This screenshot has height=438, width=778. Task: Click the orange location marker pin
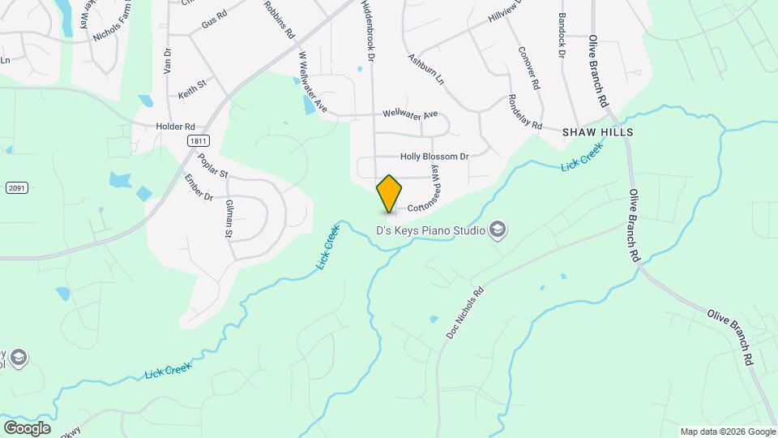coord(389,193)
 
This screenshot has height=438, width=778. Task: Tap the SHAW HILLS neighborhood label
coord(597,131)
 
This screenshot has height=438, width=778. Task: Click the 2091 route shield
coord(18,188)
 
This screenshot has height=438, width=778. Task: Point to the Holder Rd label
coord(176,127)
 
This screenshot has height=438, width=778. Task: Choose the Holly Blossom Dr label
coord(434,157)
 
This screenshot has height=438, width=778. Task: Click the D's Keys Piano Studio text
coord(430,231)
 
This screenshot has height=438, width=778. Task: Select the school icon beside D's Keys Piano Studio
coord(498,231)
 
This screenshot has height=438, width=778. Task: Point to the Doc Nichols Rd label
coord(465,312)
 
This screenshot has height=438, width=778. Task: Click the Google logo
coord(27,428)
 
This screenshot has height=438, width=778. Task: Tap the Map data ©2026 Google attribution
coord(727,432)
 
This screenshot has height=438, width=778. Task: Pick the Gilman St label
coord(229,220)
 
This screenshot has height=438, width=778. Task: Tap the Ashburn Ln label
coord(426,70)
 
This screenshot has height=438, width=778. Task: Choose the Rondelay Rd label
coord(524,111)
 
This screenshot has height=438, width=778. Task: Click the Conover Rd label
coord(528,67)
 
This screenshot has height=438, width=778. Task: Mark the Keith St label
coord(193,89)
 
